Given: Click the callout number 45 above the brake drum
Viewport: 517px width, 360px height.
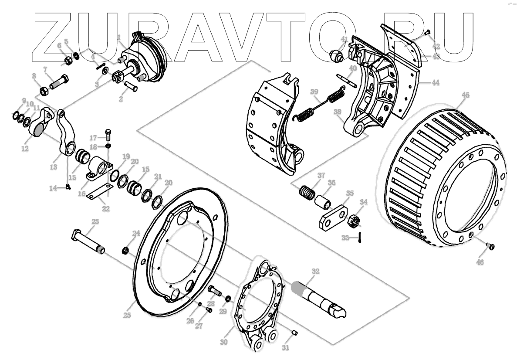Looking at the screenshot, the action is click(465, 95).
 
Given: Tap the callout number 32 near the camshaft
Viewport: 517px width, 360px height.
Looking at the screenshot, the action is click(315, 271).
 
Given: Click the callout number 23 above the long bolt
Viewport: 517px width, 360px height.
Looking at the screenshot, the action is click(95, 222).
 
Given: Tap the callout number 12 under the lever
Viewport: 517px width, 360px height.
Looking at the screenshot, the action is click(24, 148).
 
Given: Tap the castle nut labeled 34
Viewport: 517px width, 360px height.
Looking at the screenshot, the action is click(354, 221).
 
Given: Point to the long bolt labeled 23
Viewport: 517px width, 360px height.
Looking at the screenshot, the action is click(87, 240).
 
